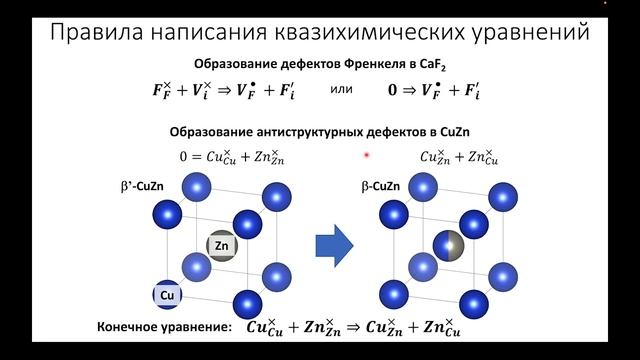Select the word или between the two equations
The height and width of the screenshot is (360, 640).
coord(341,89)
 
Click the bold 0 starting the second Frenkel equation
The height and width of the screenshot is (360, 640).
coord(393,90)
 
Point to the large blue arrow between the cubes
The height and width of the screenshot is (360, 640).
coord(335,243)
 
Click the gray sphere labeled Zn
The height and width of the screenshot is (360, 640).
coord(222,245)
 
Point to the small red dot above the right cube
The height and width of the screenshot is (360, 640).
coord(368,155)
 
